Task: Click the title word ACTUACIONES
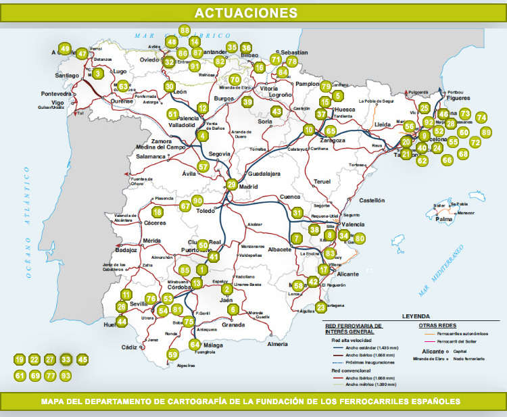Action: [x=245, y=13]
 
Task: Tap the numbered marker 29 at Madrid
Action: [x=232, y=185]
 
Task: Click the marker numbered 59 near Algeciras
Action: [x=172, y=354]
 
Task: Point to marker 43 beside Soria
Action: [x=276, y=111]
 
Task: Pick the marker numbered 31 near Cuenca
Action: [x=297, y=213]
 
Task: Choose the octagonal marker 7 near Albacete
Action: [x=296, y=238]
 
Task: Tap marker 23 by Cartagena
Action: [x=320, y=308]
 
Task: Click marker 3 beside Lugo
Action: [x=98, y=73]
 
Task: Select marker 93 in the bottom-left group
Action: [x=66, y=375]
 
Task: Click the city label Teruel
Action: [x=322, y=182]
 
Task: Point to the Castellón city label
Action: [x=371, y=201]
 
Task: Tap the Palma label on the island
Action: [x=443, y=220]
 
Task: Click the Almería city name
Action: [x=277, y=344]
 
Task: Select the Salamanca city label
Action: [x=150, y=156]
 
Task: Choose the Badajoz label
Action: [x=126, y=249]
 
